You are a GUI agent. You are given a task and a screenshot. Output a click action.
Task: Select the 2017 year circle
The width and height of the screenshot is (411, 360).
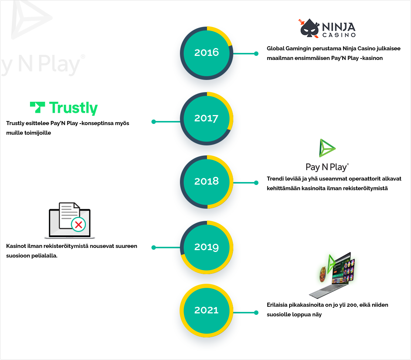tap(207, 118)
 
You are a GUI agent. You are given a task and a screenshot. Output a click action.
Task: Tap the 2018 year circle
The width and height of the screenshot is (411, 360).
tap(207, 182)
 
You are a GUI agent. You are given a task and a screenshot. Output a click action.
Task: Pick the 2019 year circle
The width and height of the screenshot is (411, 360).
tap(207, 247)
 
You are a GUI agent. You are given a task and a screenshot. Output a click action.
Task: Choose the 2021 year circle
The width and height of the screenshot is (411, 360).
tap(207, 310)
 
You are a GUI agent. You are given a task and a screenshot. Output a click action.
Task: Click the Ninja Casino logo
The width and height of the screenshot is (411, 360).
tap(327, 29)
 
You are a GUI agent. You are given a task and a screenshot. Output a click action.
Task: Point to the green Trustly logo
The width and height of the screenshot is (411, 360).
tap(64, 108)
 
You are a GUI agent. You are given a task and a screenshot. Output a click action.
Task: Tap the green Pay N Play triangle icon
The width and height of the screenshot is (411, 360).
tap(327, 148)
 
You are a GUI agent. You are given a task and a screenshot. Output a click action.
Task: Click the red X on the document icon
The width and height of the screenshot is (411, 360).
tap(78, 224)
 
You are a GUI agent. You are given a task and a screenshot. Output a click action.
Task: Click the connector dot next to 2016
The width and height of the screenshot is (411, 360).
tap(256, 54)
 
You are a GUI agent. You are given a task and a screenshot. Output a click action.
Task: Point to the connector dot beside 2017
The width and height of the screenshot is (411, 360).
tap(154, 121)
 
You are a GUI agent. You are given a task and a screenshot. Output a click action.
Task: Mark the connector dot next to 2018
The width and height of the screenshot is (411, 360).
tap(256, 182)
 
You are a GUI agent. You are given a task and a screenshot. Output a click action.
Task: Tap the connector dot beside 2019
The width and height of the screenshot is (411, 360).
tap(154, 248)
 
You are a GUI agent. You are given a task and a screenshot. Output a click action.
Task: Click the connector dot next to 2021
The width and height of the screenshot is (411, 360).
tap(256, 313)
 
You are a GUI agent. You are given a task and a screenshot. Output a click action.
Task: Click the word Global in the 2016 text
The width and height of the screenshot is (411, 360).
tap(275, 48)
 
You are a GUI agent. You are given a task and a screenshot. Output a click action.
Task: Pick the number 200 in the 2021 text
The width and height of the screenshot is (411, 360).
tap(344, 305)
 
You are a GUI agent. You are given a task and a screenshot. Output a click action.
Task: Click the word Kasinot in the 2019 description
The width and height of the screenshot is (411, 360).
tap(16, 246)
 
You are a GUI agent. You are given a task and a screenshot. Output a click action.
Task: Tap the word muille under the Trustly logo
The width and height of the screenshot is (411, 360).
tap(14, 132)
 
